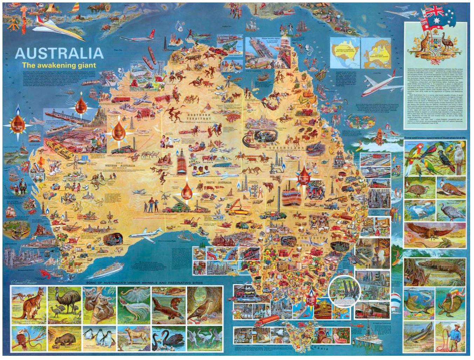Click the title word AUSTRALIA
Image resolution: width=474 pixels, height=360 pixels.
(59, 53)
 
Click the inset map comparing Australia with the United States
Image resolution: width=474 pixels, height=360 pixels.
(345, 53)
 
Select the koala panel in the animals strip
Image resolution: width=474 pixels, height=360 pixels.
(99, 304)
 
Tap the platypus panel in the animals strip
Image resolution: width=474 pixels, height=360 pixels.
(169, 304)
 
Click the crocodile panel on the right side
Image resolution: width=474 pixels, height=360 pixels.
(435, 272)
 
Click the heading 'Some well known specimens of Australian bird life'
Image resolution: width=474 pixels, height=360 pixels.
(435, 138)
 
